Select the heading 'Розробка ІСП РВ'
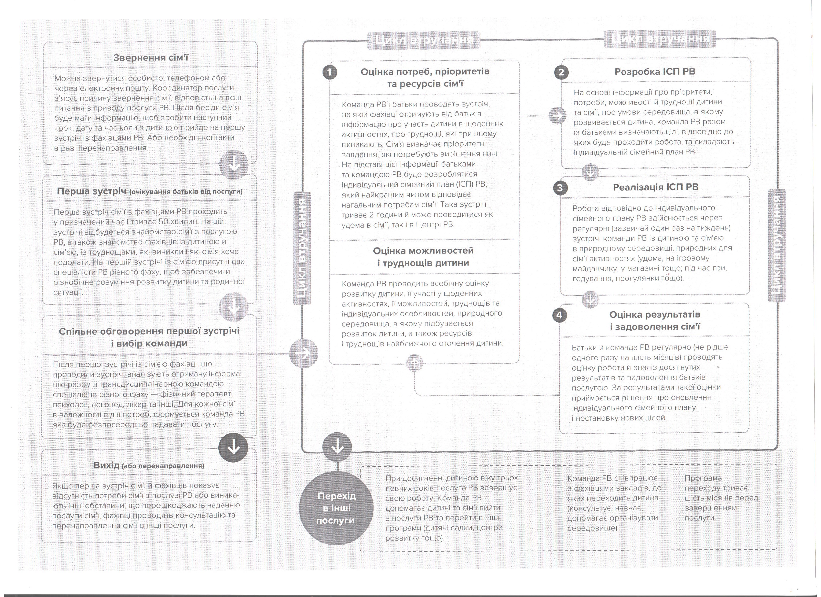point(655,72)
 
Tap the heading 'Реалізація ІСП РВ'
point(655,187)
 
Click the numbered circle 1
point(330,72)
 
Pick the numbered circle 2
point(561,72)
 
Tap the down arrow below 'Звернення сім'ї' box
point(234,165)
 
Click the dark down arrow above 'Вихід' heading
point(234,448)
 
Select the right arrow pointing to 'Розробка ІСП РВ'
point(557,116)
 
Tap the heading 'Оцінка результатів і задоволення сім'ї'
point(655,321)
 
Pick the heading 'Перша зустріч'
point(150,191)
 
